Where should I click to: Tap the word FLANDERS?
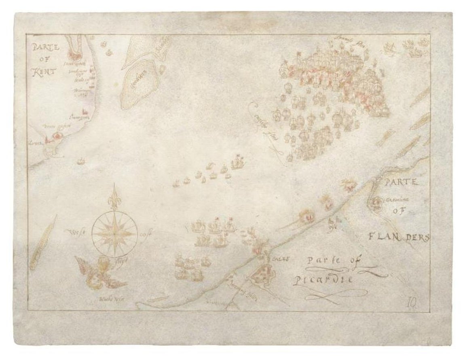pyautogui.click(x=398, y=237)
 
